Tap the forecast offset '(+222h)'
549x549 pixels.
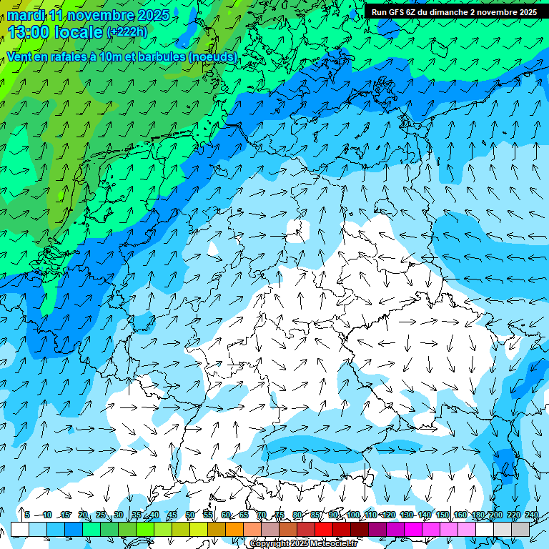coord(127,31)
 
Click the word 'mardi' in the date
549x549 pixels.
coord(25,14)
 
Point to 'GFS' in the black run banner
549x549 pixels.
coord(403,12)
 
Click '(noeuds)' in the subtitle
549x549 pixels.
coord(212,56)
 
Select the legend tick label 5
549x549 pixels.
coord(27,515)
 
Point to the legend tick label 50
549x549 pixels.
coord(190,515)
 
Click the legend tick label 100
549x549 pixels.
coord(352,515)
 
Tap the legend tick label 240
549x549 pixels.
coord(531,515)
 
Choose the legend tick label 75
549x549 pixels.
coord(280,515)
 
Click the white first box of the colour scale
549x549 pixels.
coord(20,529)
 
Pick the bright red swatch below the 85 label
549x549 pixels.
coord(324,529)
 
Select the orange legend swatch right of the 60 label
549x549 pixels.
coord(234,529)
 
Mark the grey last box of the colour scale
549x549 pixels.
coord(520,529)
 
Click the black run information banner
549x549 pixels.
coord(454,12)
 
